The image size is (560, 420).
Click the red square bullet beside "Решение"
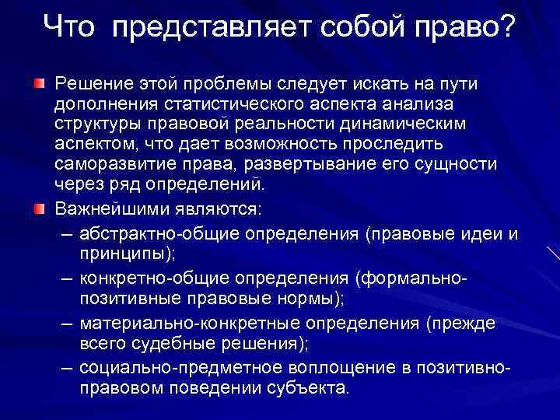pyautogui.click(x=38, y=82)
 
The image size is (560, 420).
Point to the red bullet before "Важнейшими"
pyautogui.click(x=38, y=208)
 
